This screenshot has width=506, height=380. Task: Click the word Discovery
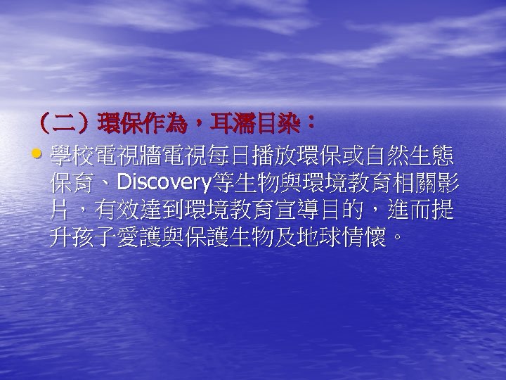[164, 184]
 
